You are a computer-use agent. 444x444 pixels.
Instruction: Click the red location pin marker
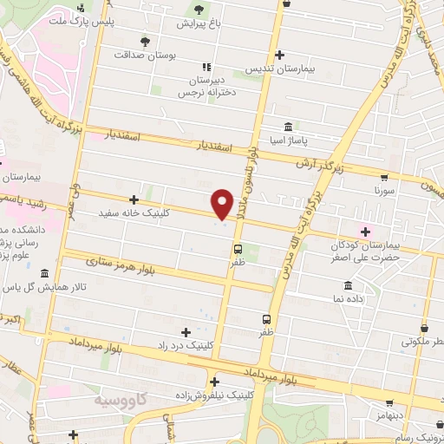coord(223,203)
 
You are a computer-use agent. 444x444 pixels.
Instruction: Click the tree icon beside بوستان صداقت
coord(145,41)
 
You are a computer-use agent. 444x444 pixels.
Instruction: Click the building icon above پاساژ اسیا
coord(288,125)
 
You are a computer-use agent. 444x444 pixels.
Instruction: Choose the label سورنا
coord(383,188)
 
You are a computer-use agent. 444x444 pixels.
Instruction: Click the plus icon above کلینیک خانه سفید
coord(133,199)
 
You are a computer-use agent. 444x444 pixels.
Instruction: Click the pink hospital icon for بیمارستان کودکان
coord(365,231)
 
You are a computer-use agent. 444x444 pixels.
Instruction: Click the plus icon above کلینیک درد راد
coord(185,331)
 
